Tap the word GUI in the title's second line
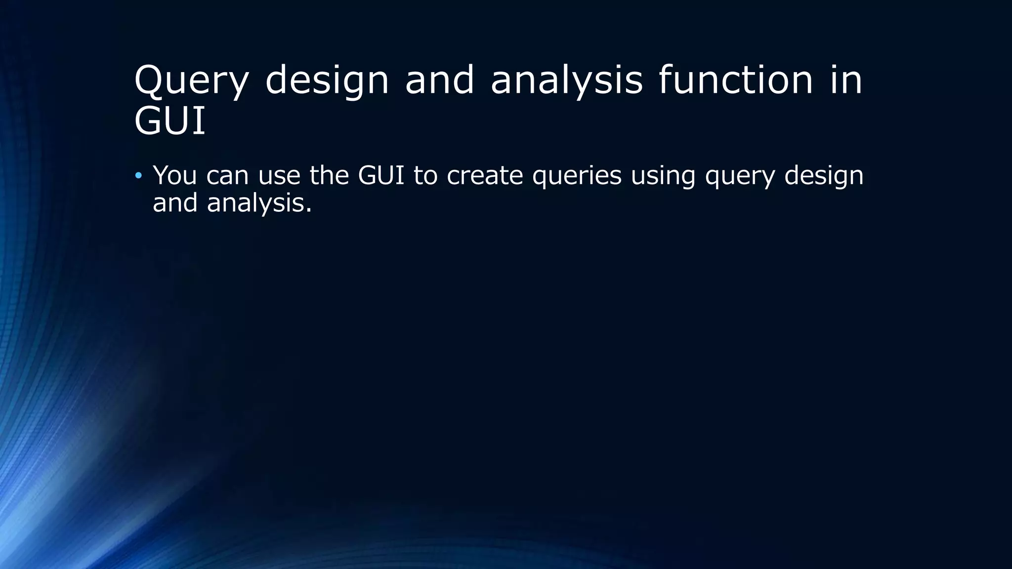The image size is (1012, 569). pyautogui.click(x=169, y=122)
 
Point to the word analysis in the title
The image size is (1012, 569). pyautogui.click(x=566, y=81)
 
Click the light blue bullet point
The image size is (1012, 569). pyautogui.click(x=138, y=176)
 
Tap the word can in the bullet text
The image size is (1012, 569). pyautogui.click(x=227, y=176)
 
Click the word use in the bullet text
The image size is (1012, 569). pyautogui.click(x=279, y=176)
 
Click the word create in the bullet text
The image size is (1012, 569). pyautogui.click(x=484, y=176)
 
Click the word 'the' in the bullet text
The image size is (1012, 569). pyautogui.click(x=329, y=175)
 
